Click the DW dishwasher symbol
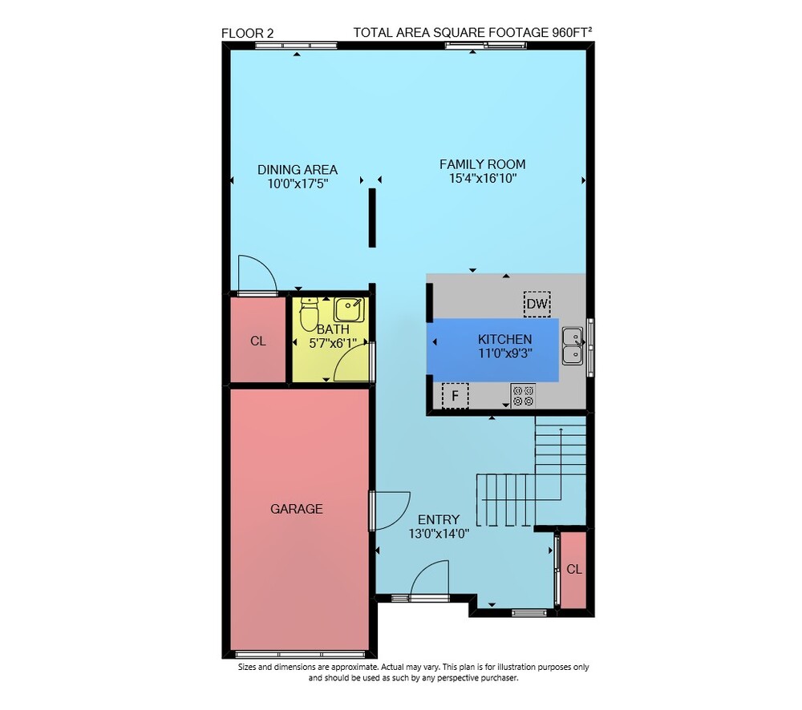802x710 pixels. tap(537, 304)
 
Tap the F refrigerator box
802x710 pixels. tap(455, 396)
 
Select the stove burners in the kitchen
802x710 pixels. tap(523, 396)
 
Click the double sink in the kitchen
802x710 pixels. tap(573, 346)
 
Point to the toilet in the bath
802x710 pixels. tap(309, 314)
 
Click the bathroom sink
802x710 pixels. tap(349, 310)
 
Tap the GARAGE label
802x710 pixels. tap(297, 509)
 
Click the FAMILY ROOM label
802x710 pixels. tap(482, 164)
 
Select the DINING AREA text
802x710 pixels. tap(298, 170)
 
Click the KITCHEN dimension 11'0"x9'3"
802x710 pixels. tap(505, 353)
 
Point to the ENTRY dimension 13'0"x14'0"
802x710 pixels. tap(439, 535)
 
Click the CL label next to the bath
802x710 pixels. tap(258, 341)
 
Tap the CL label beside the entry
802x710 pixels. tap(574, 570)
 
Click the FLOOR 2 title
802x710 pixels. tap(248, 33)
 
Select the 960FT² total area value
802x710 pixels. tap(572, 32)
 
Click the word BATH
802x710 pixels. tap(333, 329)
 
